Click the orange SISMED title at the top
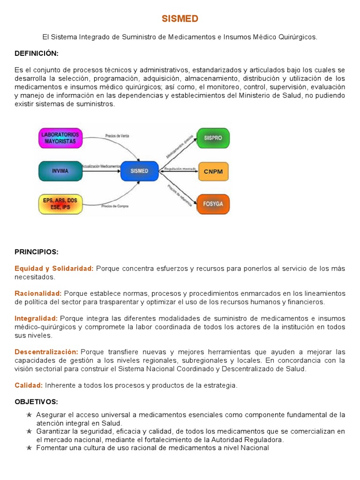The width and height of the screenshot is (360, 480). click(180, 19)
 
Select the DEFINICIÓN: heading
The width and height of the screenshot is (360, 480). click(37, 53)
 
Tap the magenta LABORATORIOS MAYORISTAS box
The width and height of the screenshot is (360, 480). click(60, 138)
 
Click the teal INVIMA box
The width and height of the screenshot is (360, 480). click(60, 171)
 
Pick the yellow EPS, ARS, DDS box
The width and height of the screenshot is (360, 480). click(60, 204)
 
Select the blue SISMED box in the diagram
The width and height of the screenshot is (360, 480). click(139, 171)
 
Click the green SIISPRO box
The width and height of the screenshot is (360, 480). click(213, 138)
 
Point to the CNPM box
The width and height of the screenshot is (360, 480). click(213, 172)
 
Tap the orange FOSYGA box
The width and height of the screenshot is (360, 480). click(213, 204)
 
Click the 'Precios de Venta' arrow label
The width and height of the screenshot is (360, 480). click(117, 136)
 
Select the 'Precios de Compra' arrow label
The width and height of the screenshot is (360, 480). click(115, 206)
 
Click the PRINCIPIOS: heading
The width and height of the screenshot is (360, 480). click(37, 252)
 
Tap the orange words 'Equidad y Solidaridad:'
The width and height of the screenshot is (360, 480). click(54, 268)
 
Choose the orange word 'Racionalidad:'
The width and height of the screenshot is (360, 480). click(38, 293)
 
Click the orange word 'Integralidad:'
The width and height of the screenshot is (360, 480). click(36, 318)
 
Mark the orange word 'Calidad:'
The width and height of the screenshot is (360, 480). click(29, 385)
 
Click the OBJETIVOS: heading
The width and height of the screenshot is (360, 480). click(36, 402)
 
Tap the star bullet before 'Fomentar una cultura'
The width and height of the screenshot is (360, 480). click(29, 448)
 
